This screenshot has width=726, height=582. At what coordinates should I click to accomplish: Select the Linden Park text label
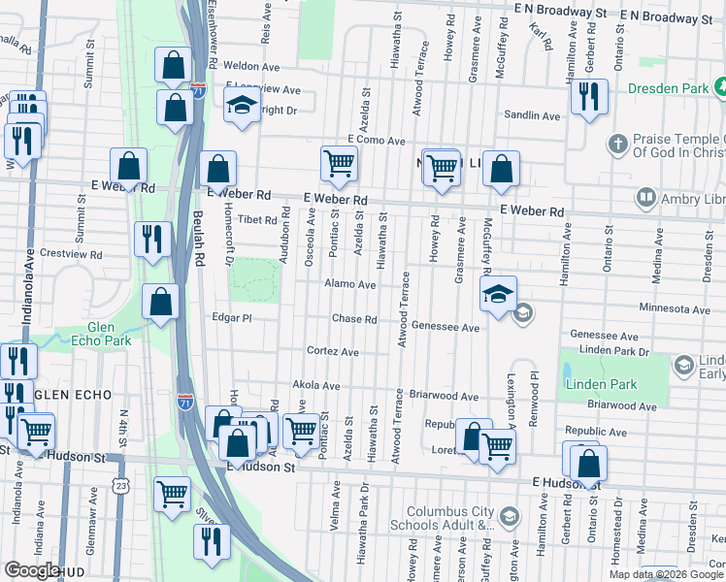[603, 384]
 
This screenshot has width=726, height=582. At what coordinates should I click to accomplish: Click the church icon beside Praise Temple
[615, 145]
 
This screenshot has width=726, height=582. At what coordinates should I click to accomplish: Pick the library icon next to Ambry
[645, 198]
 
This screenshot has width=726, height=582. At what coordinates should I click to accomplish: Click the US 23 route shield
[120, 483]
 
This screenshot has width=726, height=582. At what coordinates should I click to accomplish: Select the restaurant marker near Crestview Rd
[152, 240]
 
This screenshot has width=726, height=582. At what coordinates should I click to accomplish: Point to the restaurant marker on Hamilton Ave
[588, 96]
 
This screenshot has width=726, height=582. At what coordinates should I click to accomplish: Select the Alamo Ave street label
[350, 285]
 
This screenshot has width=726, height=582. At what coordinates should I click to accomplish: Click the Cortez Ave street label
[333, 351]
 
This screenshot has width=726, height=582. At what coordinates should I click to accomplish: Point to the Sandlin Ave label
[531, 115]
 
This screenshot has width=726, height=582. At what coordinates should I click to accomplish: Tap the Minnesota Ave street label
[675, 308]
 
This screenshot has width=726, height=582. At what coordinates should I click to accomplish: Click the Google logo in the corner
[32, 569]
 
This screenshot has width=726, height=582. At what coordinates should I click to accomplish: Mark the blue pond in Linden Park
[566, 372]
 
